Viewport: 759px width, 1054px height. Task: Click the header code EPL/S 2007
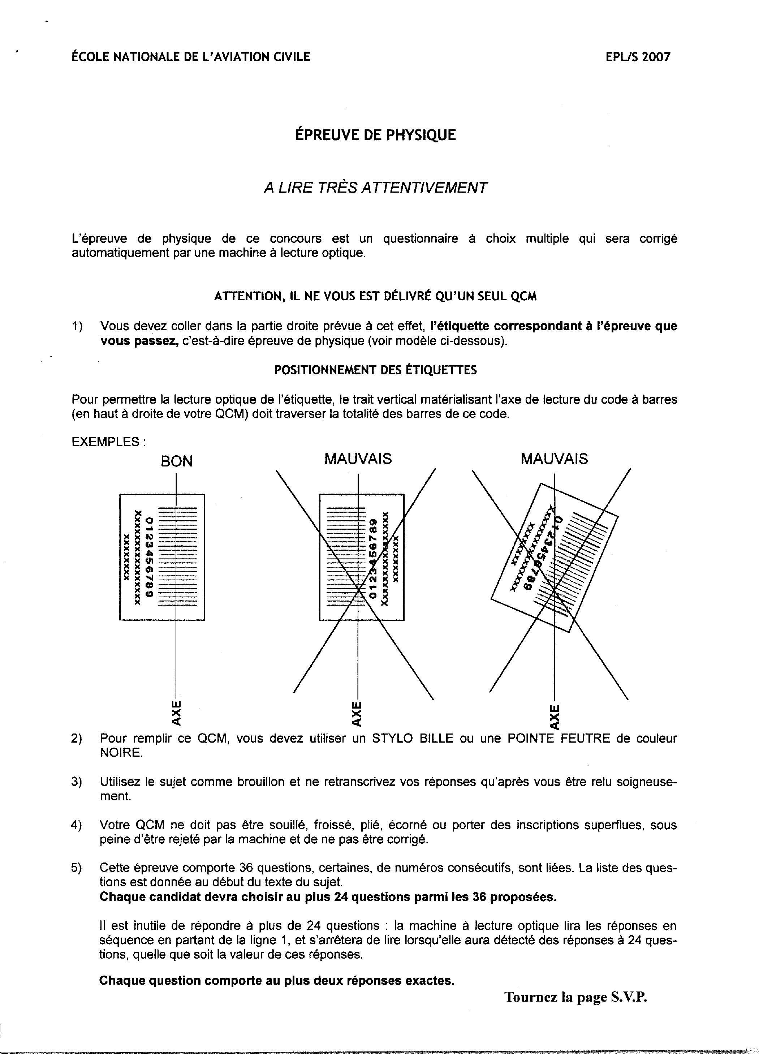click(x=638, y=57)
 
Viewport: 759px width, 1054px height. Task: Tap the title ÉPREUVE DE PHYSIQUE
click(x=375, y=135)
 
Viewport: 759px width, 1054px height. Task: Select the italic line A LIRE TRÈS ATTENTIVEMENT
click(x=375, y=188)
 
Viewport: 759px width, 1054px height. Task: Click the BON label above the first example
click(x=177, y=461)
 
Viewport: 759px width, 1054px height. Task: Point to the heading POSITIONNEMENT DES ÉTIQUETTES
click(x=375, y=370)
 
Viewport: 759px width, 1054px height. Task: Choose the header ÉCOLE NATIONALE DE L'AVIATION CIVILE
click(x=191, y=57)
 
